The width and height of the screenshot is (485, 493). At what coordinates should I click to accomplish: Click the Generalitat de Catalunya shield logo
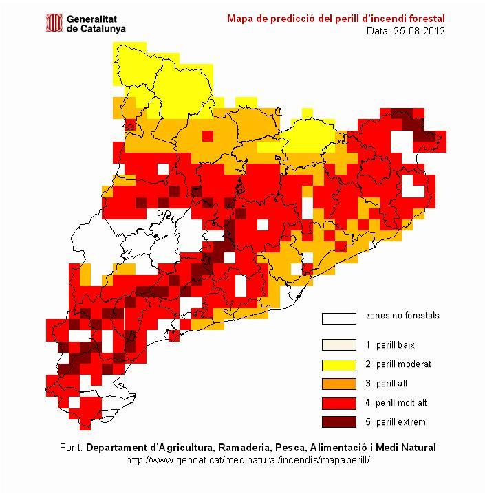coord(54,23)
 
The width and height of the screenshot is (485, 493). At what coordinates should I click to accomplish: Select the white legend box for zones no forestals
coord(339,318)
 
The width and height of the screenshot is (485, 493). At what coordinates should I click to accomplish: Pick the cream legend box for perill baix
coord(339,345)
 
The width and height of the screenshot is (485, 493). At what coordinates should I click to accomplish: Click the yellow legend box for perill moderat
coord(339,364)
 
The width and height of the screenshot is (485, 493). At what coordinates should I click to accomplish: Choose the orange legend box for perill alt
coord(339,384)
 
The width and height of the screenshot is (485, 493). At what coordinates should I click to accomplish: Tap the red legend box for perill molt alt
coord(339,403)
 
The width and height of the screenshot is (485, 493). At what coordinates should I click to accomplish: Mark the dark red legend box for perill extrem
coord(339,422)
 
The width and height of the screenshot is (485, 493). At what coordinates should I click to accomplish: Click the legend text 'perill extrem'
coord(401,422)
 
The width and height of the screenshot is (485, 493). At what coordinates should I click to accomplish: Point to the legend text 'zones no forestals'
coord(402,316)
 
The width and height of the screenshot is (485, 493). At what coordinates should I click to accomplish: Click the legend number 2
coord(368,364)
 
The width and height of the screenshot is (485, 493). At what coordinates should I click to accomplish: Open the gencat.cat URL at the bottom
coord(249,459)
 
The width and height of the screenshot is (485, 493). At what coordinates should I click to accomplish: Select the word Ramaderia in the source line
coord(221,447)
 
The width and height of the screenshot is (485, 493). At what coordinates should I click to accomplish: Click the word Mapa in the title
coord(239,18)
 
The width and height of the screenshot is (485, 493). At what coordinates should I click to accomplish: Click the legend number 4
coord(368,403)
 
